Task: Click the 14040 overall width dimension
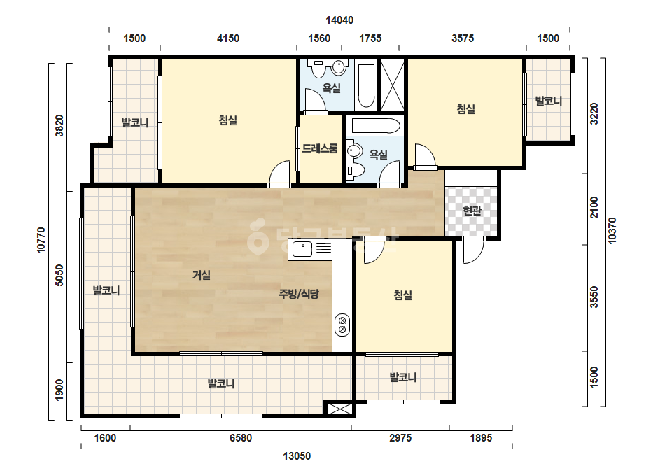(339, 20)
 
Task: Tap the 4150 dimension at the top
(228, 38)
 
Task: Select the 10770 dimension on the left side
(41, 240)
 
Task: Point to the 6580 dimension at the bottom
(241, 437)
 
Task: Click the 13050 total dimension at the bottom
(297, 456)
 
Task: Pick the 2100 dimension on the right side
(594, 208)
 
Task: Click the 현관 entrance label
(472, 211)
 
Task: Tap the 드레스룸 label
(320, 148)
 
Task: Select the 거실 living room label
(202, 275)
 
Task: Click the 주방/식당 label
(299, 294)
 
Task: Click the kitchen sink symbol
(302, 249)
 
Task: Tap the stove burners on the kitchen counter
(342, 325)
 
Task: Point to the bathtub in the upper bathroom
(366, 85)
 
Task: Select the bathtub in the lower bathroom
(373, 126)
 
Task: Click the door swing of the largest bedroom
(280, 173)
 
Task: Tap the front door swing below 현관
(473, 251)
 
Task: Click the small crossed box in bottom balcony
(340, 409)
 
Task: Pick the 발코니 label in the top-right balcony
(548, 101)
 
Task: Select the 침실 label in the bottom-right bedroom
(403, 295)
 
